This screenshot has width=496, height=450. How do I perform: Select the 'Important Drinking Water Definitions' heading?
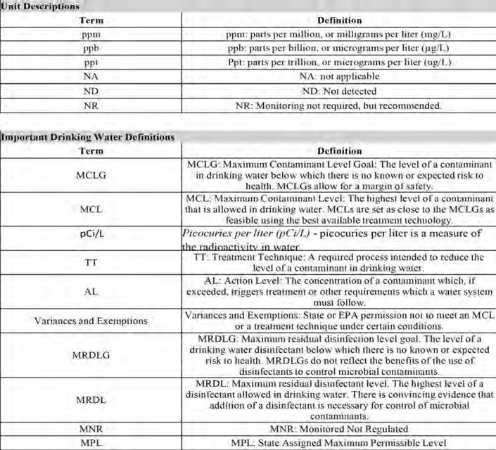(87, 137)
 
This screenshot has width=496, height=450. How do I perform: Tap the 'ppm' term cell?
(91, 34)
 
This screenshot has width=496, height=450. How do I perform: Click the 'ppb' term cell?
(91, 48)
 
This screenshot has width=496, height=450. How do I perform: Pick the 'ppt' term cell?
(91, 62)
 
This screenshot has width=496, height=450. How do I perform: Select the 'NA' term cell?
(91, 76)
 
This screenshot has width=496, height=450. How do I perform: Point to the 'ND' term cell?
(91, 91)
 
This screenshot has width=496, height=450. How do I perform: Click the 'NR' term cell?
(91, 105)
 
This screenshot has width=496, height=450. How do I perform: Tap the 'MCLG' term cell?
(91, 174)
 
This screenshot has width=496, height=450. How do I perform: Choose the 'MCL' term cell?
(91, 210)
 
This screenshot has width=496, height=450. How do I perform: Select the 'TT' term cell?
(91, 262)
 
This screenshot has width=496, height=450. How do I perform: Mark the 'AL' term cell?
(91, 290)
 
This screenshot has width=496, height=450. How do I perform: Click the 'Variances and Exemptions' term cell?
(91, 321)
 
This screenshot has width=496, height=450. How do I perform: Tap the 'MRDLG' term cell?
(91, 355)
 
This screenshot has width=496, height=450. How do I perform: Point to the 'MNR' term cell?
(91, 429)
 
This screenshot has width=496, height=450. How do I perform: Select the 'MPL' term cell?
(91, 443)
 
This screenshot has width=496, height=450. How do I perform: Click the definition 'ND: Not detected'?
(338, 91)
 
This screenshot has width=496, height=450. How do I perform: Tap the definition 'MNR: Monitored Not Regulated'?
(338, 429)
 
